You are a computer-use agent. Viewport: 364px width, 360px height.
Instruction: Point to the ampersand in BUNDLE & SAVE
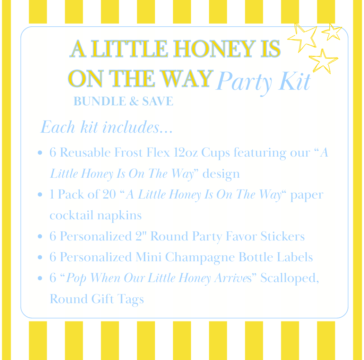[134, 101]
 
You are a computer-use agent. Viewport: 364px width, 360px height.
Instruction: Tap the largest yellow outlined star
[303, 36]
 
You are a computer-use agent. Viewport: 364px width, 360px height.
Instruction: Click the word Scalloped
[289, 278]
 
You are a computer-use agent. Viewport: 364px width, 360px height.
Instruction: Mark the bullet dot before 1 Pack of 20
[41, 195]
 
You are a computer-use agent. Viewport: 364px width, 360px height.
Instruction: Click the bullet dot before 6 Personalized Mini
[41, 257]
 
